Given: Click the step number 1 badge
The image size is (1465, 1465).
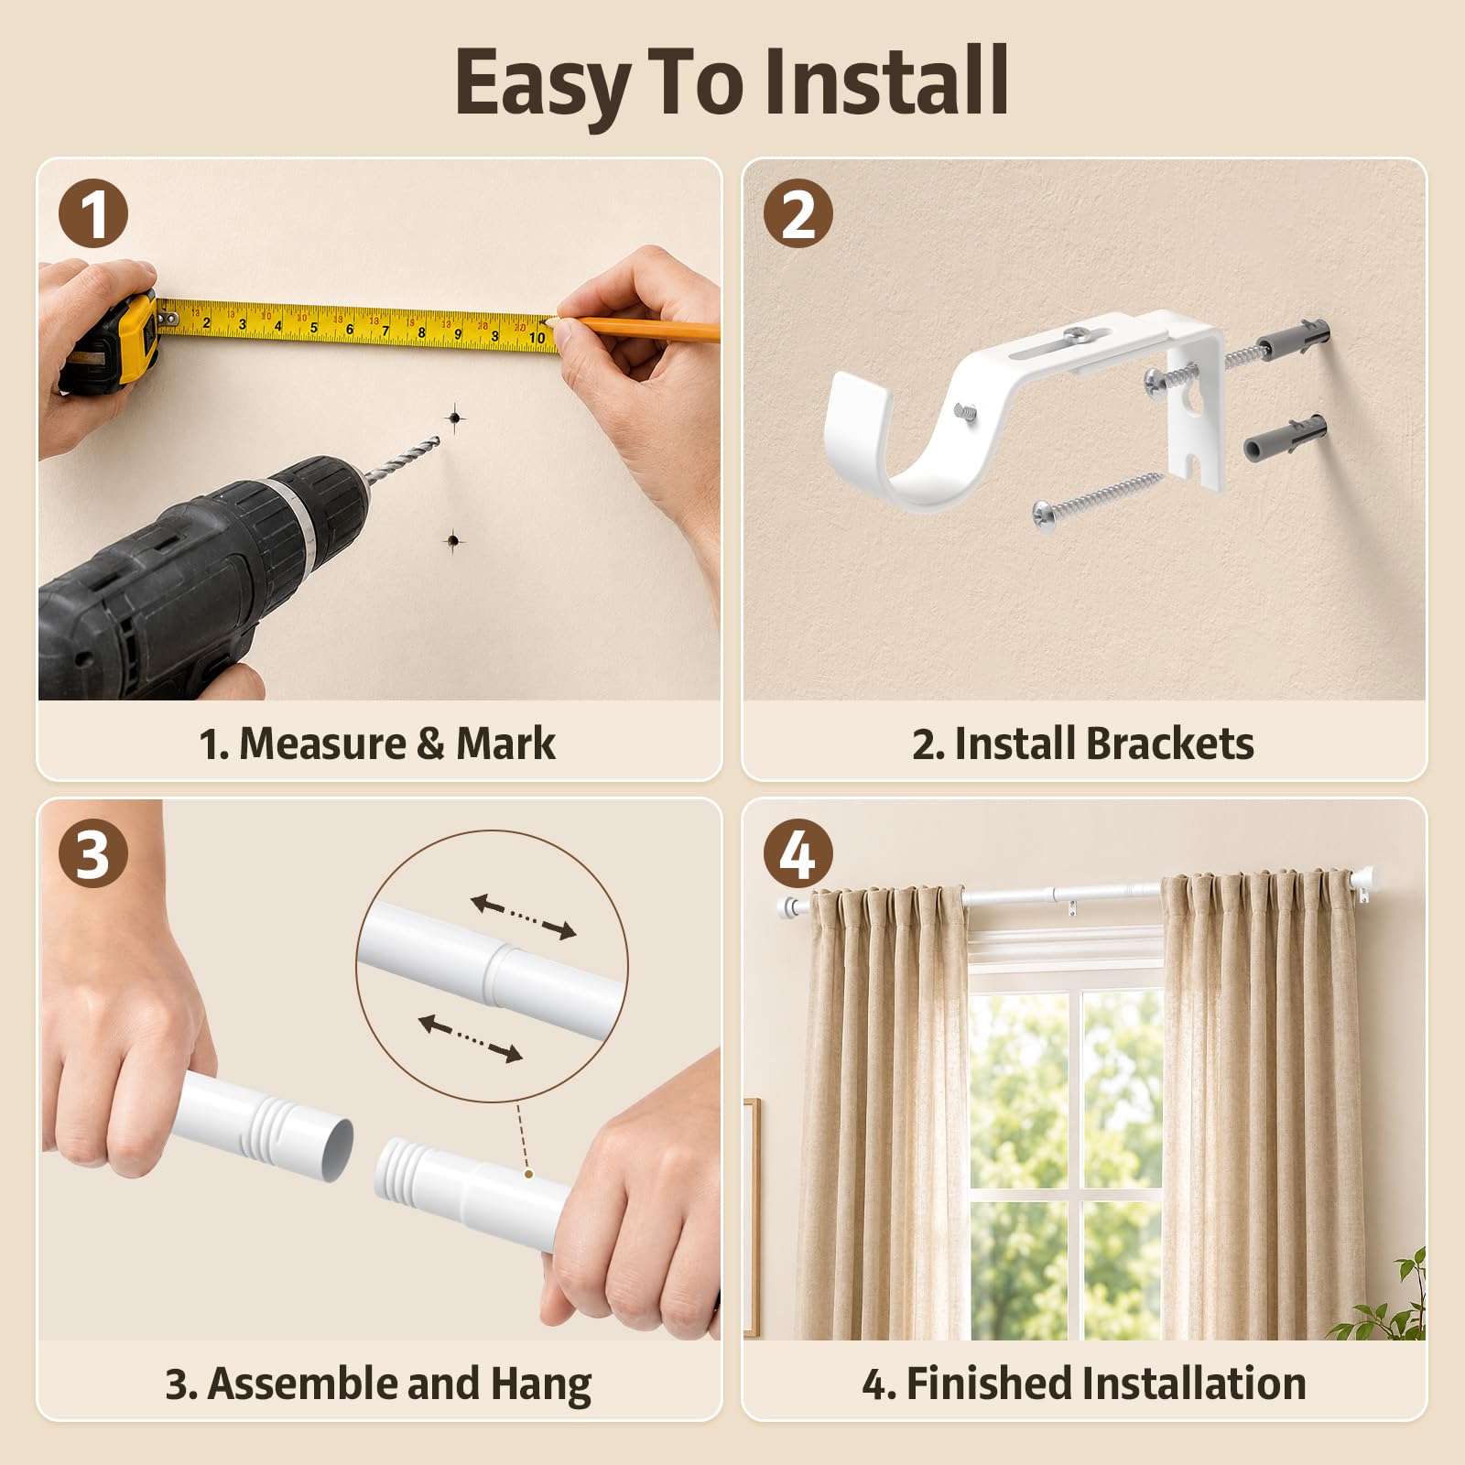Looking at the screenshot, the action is (93, 213).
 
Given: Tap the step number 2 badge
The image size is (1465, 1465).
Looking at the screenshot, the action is (798, 213).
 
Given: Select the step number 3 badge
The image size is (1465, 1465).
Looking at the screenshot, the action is (93, 853).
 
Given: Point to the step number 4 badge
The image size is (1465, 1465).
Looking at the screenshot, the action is (798, 853).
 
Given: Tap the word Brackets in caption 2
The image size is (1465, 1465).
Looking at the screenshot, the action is (1169, 743).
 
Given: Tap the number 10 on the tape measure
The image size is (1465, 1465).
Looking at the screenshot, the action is (537, 338).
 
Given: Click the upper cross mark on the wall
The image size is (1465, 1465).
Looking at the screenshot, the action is (455, 418).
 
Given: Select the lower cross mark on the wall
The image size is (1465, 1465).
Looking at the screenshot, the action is (452, 541).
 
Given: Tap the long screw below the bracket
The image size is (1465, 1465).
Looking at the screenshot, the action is (1099, 500).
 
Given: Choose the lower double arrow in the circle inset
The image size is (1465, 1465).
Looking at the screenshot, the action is (471, 1038).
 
